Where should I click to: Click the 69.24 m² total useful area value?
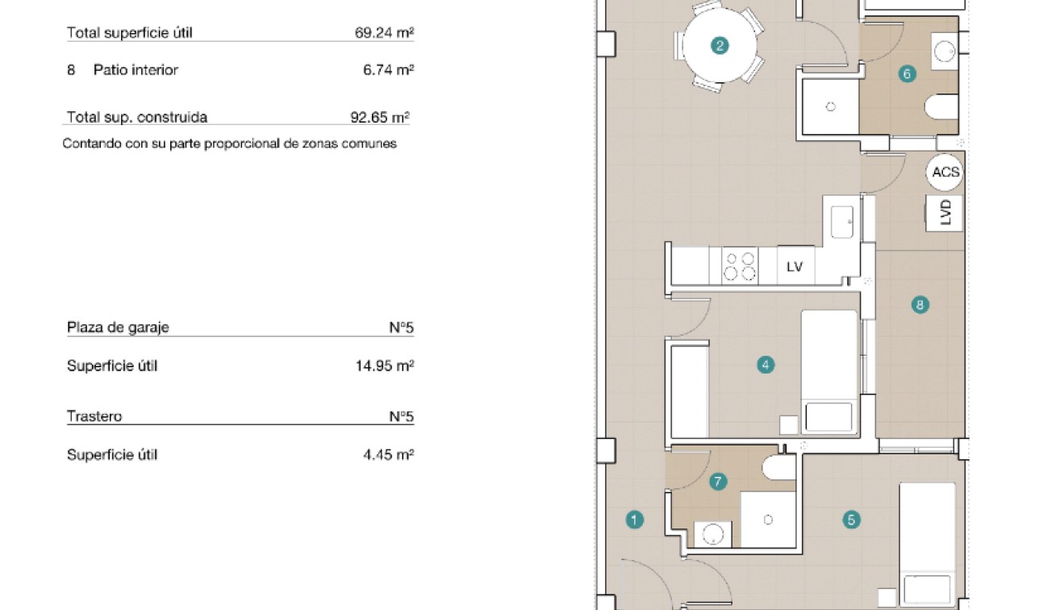tap(384, 33)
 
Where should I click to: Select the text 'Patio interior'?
tap(136, 70)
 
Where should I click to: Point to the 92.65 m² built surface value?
tap(380, 117)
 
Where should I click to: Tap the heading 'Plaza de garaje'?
tap(118, 328)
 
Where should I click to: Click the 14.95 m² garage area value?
tap(385, 366)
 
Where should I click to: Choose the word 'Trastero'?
tap(94, 416)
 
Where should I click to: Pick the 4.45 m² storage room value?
tap(388, 454)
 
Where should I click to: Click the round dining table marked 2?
tap(720, 46)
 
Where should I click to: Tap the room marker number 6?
tap(907, 74)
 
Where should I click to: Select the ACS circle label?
tap(945, 173)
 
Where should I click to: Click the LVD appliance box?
tap(945, 212)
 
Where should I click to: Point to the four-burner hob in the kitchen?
tap(740, 266)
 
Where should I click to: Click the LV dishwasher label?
tap(795, 266)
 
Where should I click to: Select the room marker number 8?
tap(920, 305)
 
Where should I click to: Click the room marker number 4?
tap(766, 366)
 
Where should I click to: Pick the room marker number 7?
tap(718, 483)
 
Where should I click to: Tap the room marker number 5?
tap(851, 520)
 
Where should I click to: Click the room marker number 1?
tap(635, 520)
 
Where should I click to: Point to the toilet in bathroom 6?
tap(942, 107)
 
